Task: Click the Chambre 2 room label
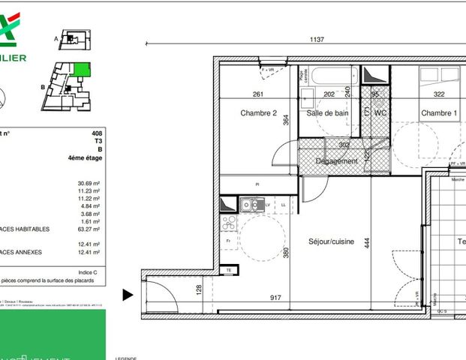(259, 113)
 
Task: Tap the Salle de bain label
(327, 113)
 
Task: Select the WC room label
(380, 113)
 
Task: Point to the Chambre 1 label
(438, 113)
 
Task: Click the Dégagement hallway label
(336, 161)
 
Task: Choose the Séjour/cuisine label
(331, 241)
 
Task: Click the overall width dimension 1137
(317, 40)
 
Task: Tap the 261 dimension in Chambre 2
(258, 94)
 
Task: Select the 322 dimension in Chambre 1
(439, 94)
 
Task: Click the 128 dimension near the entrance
(200, 289)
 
